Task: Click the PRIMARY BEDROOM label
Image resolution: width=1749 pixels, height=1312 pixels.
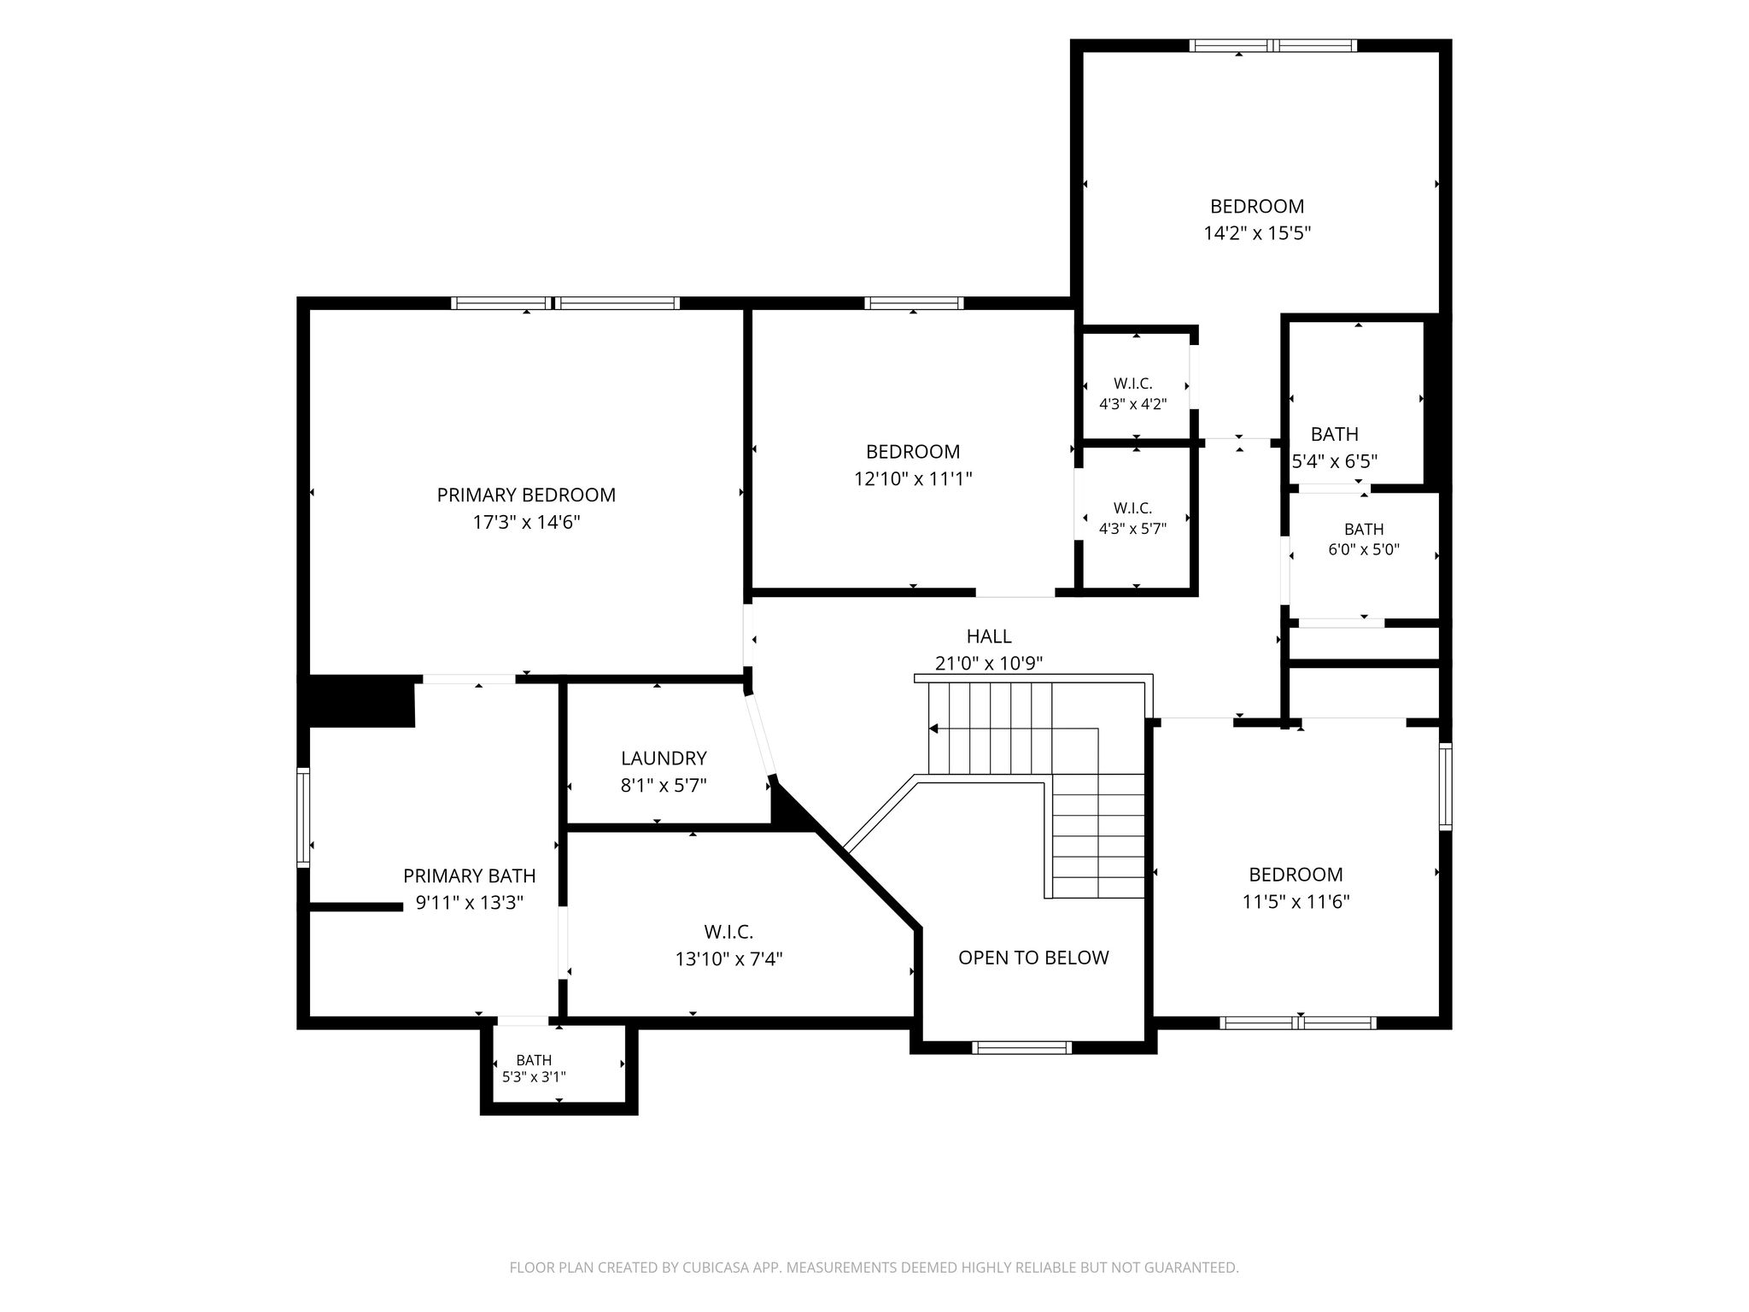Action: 526,495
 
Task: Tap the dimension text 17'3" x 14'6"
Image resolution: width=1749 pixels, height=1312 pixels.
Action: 526,523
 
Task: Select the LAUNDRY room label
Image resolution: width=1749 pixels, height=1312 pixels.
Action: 664,758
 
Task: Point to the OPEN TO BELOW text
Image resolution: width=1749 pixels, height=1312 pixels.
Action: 1033,958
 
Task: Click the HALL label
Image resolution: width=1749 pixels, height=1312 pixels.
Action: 989,636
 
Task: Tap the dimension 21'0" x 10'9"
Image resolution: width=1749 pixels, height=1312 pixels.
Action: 989,664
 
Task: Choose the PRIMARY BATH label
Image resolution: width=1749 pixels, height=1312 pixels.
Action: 470,876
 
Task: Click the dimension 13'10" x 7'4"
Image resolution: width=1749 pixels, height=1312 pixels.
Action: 728,959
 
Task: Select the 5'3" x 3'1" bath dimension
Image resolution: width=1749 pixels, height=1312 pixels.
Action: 534,1077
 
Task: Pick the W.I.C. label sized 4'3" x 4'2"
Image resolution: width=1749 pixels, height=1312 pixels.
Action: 1133,384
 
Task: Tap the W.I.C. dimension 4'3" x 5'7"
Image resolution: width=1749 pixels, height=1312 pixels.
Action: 1132,529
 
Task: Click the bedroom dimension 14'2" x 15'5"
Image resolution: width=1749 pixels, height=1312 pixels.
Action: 1257,234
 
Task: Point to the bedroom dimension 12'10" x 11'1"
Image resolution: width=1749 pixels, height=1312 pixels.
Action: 913,479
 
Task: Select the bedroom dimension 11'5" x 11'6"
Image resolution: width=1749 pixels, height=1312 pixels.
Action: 1296,902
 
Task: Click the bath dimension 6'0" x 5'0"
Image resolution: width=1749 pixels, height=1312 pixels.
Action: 1364,550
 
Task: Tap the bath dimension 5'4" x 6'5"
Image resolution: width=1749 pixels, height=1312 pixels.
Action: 1335,462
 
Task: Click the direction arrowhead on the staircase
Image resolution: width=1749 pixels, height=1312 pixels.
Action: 933,729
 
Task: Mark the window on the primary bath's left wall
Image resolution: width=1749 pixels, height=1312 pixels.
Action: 303,817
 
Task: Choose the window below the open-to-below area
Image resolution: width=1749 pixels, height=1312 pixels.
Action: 1021,1048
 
